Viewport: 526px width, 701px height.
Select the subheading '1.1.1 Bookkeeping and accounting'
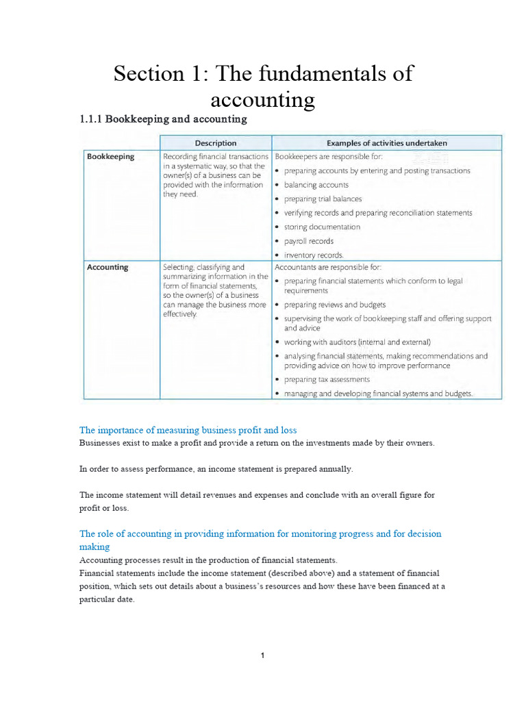(x=163, y=119)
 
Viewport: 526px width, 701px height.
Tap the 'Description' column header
(x=216, y=143)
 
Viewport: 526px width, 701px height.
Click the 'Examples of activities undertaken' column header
(x=387, y=143)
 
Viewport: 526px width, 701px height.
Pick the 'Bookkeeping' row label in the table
(x=110, y=157)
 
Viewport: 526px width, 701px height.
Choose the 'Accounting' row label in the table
(x=108, y=268)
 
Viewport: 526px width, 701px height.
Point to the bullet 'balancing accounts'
(x=316, y=185)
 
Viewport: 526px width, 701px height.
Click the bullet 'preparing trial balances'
(x=324, y=199)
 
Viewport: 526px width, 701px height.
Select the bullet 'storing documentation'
(x=321, y=227)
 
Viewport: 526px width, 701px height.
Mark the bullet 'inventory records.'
(x=313, y=255)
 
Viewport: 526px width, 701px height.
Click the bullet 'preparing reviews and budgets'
(x=334, y=305)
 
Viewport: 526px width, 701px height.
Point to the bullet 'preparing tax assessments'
(x=326, y=379)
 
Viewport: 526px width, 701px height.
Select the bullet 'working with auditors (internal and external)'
(x=357, y=342)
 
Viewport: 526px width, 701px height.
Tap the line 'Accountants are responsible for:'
(x=327, y=267)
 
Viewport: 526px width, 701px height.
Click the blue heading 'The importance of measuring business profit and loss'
(x=188, y=431)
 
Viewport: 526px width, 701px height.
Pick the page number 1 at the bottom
(x=262, y=656)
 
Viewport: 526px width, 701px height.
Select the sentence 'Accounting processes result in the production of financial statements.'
(x=203, y=560)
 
